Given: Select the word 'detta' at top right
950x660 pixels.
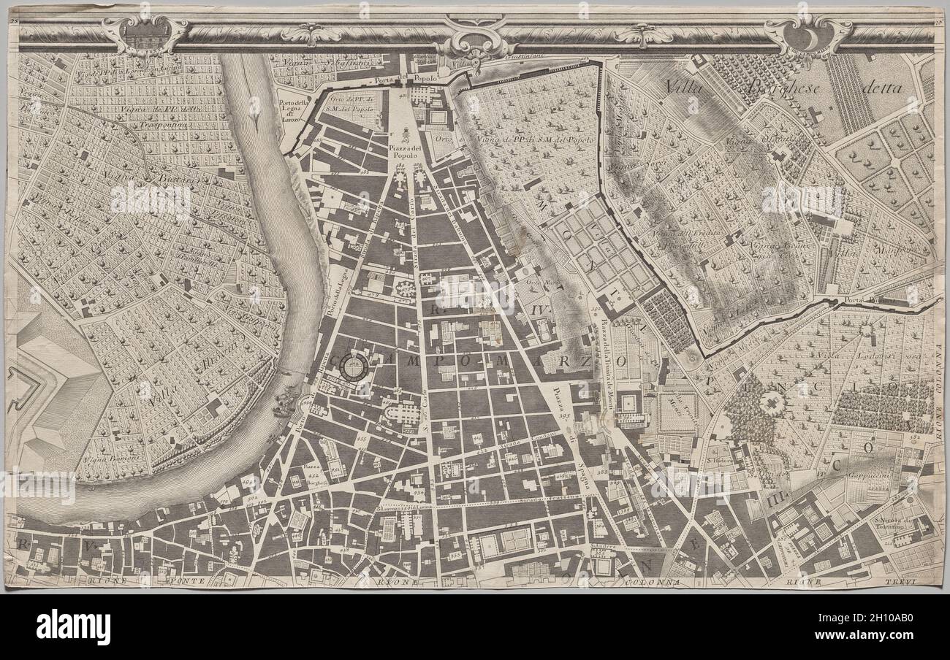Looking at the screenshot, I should point(881,88).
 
